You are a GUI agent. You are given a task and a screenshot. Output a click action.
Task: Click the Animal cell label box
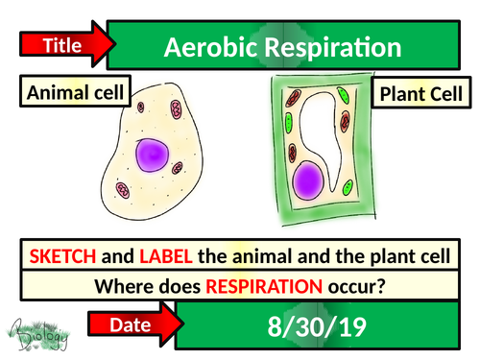[63, 94]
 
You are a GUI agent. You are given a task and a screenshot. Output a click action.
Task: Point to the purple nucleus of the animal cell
[154, 155]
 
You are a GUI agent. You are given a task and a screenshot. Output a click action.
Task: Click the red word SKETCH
[64, 256]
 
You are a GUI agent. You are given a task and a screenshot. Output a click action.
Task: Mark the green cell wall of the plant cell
[271, 154]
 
